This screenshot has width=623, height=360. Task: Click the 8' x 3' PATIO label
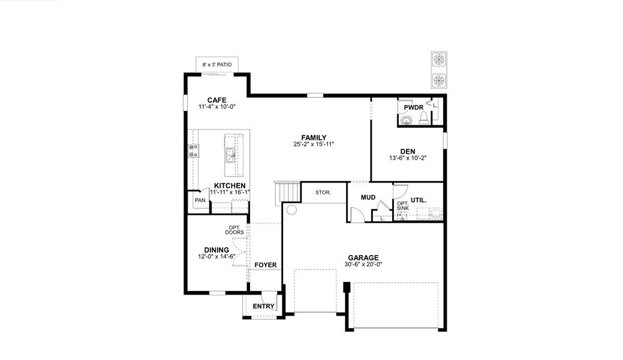click(x=217, y=64)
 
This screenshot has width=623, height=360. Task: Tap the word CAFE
click(x=216, y=100)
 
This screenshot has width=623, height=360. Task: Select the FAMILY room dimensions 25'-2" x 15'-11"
click(x=314, y=144)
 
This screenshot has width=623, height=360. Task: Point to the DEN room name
click(x=408, y=152)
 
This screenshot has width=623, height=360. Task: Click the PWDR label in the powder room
click(x=413, y=107)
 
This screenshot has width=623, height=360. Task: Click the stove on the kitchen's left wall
click(x=194, y=151)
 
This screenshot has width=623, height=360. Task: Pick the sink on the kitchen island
click(x=230, y=156)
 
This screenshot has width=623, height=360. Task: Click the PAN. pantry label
click(x=200, y=200)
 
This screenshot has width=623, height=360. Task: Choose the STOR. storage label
click(x=323, y=193)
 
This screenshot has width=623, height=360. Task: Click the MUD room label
click(x=368, y=197)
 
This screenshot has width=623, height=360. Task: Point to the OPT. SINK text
click(x=402, y=206)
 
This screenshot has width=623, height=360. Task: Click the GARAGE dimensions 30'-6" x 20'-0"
click(x=363, y=264)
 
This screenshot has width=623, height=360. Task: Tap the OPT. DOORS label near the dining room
click(x=234, y=230)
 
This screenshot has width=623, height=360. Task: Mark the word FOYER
click(x=265, y=265)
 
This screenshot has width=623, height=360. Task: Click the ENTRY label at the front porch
click(x=263, y=307)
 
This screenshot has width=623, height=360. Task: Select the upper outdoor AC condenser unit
click(x=439, y=60)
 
